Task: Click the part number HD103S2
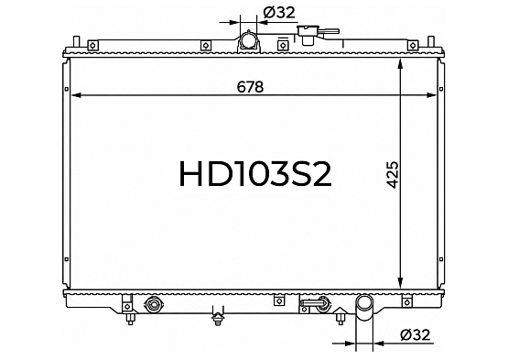(255, 174)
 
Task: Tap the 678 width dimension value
(250, 87)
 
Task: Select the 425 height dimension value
(393, 174)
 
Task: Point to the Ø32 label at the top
(279, 13)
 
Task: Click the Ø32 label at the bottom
(416, 334)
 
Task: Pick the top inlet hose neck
(248, 41)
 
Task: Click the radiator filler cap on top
(308, 35)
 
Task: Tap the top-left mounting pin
(77, 42)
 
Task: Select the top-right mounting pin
(431, 42)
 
